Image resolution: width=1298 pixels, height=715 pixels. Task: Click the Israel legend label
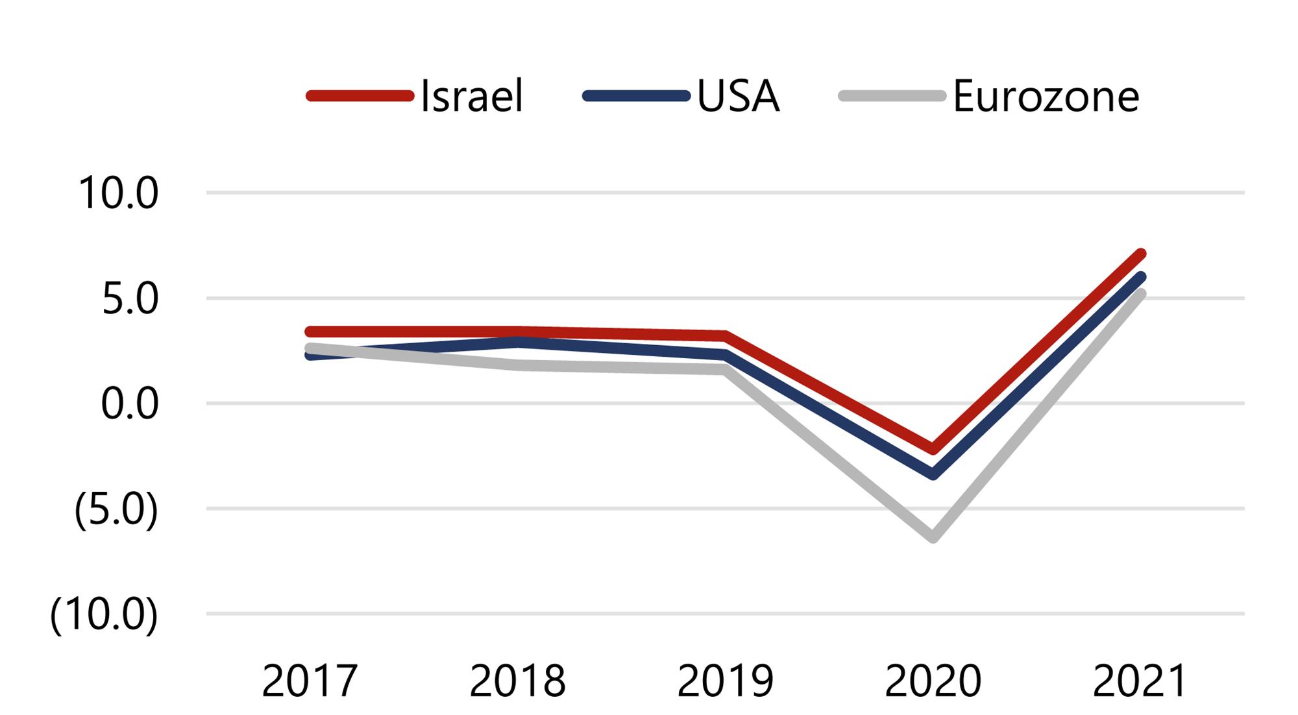[472, 97]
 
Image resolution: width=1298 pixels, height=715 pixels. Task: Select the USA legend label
[738, 97]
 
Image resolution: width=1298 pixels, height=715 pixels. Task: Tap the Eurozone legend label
[1046, 97]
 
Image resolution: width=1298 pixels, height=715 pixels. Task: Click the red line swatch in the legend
[360, 97]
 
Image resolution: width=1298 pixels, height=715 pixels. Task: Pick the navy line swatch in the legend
[636, 97]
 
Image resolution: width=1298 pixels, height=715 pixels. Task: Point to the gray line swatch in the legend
[892, 97]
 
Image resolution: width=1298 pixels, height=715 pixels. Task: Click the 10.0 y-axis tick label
[118, 193]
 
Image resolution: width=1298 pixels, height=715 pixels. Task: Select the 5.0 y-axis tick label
[130, 299]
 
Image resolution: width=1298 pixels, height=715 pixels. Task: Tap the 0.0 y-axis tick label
[130, 404]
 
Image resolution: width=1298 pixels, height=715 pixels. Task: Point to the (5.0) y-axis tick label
[116, 509]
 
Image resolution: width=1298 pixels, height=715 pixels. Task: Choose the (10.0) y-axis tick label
[104, 614]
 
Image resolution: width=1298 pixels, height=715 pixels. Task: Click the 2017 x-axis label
[310, 681]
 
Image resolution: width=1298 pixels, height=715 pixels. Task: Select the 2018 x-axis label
[517, 681]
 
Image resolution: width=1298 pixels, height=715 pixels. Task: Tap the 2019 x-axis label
[725, 681]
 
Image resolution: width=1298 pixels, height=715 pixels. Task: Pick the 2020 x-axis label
[933, 681]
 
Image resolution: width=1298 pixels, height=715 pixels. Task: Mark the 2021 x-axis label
[1140, 681]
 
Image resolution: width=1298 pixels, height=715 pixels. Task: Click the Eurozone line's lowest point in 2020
[933, 537]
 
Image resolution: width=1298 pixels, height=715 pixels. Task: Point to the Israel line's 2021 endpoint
[1140, 254]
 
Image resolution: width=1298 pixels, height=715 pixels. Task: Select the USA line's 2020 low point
[933, 475]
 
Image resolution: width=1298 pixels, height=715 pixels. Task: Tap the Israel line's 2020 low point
[933, 449]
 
